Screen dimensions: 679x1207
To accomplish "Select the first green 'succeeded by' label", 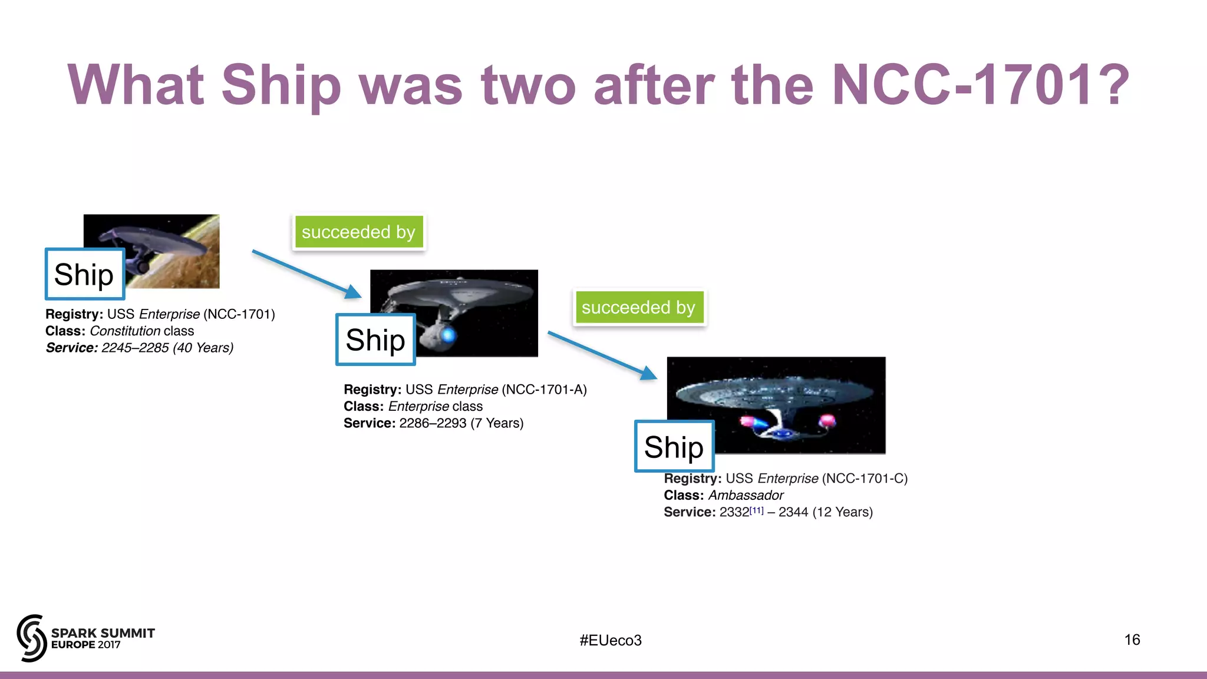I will [x=358, y=232].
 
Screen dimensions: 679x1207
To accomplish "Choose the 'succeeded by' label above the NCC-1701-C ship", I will [x=638, y=308].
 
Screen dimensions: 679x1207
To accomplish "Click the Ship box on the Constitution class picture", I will [x=84, y=275].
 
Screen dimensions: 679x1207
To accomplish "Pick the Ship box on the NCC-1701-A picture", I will [x=375, y=340].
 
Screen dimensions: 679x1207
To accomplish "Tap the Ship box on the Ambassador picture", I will [x=674, y=447].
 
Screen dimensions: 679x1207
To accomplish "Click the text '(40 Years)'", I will [x=203, y=348].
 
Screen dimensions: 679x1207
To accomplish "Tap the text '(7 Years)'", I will [x=497, y=423].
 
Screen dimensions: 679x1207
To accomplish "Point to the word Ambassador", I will [x=746, y=496].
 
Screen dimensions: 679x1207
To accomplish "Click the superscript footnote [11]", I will [x=757, y=510].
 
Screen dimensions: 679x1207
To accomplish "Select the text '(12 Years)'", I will [x=842, y=512].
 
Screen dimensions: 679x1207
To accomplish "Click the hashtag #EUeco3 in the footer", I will [x=611, y=640].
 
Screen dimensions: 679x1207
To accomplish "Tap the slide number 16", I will [x=1132, y=640].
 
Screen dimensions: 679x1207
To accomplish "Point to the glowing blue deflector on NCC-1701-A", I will [x=448, y=335].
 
